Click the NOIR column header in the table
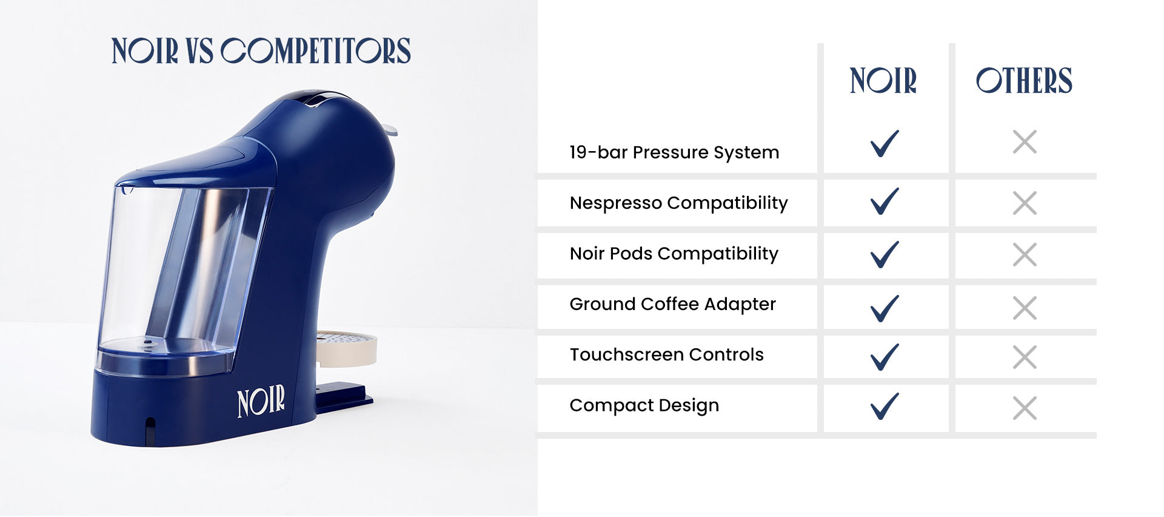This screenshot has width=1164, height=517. tap(883, 81)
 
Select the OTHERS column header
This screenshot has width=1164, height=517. tap(1024, 81)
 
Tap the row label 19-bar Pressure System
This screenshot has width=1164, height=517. tap(674, 152)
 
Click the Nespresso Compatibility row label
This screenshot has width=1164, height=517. tap(678, 203)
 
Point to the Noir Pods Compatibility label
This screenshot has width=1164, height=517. tap(674, 254)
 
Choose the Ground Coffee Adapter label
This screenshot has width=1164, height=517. tap(672, 304)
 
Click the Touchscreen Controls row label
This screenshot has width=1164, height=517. tap(666, 354)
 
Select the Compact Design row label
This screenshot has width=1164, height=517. tap(644, 405)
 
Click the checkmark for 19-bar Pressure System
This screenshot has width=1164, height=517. tap(885, 143)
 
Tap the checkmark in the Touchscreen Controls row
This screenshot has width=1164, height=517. tap(885, 357)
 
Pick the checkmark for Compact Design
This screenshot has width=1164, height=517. tap(885, 407)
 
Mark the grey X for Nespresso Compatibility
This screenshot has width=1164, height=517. tap(1025, 203)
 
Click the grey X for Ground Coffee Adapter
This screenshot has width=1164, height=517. tap(1025, 308)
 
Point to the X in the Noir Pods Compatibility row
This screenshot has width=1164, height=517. tap(1025, 255)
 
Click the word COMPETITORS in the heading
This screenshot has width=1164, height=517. tap(315, 51)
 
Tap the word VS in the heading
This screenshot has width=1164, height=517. tap(199, 51)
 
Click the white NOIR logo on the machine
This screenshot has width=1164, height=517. tap(261, 401)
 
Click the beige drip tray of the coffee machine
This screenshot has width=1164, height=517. tap(346, 348)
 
